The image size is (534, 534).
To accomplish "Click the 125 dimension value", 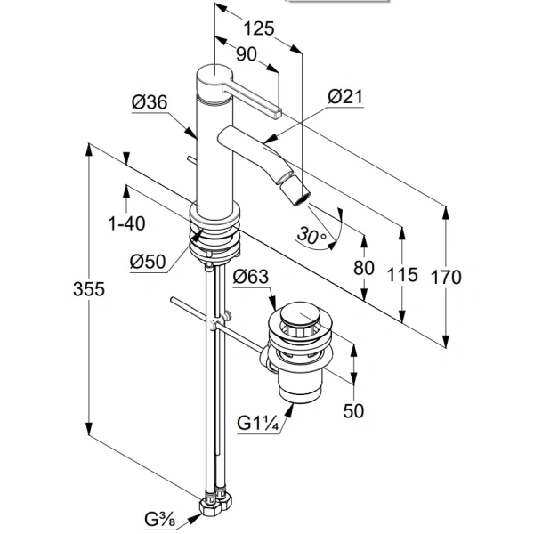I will point(258,28).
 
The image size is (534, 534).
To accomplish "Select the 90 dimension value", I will point(246,54).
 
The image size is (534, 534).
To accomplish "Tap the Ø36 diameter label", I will point(150,103).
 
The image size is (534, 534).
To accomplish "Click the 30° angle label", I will point(312,236).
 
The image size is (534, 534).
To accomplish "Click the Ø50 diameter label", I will point(148,263).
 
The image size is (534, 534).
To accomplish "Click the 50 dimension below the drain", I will point(354,412).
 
